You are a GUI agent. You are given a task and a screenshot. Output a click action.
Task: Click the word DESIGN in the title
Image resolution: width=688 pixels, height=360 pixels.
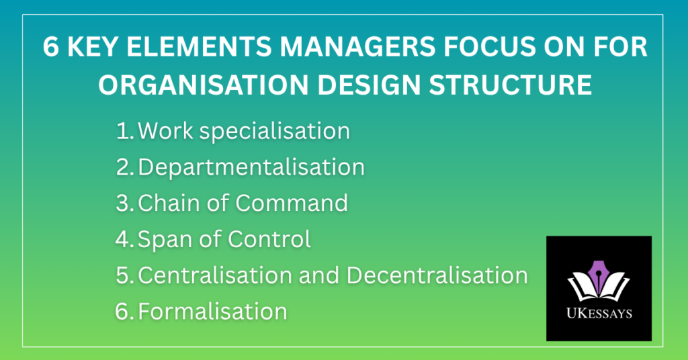coord(369,85)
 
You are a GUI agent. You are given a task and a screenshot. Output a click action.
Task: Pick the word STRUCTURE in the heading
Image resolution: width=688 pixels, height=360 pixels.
coord(511,85)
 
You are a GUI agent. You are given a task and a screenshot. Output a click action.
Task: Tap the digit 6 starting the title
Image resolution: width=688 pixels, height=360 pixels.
coord(51,47)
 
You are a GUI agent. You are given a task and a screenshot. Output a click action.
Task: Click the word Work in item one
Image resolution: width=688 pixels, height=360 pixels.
coord(165,131)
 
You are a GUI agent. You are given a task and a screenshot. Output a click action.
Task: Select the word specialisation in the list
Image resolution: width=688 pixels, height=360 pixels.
coord(275,132)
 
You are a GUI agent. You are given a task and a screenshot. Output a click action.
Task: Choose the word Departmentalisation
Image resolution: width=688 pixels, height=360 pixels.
coord(251,167)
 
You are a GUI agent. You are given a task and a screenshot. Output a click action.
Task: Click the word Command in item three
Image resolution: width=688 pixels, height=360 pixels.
coord(292,203)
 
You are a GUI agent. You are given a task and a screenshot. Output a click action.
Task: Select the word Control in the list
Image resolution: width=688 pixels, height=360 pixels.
coord(269,239)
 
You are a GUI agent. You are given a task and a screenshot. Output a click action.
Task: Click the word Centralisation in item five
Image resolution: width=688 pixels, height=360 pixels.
coord(215,275)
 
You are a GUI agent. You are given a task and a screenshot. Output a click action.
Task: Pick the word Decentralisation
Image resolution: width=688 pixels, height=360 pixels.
coord(437,275)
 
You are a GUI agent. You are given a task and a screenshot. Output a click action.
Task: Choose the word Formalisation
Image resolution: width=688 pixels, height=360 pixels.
coord(212,312)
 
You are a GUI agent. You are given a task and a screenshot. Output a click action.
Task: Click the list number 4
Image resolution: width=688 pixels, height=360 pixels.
coord(124,239)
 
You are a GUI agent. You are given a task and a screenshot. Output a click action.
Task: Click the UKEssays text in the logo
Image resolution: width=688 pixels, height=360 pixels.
coord(599,313)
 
